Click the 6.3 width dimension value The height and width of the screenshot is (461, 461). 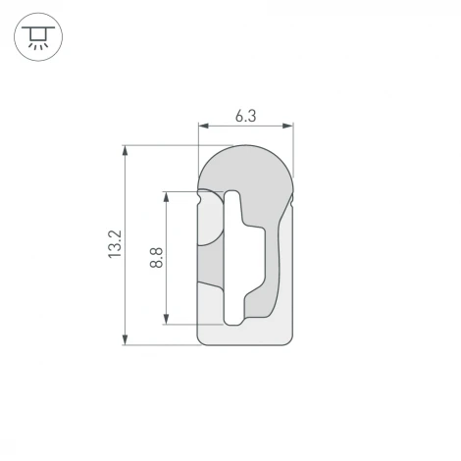pos(245,116)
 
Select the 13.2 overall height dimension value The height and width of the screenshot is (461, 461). pos(114,244)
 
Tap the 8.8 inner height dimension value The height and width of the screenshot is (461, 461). pos(156,257)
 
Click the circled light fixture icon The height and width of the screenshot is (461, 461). pos(38,38)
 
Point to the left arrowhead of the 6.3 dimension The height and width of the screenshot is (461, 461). pos(203,127)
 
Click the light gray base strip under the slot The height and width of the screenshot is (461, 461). pos(246,333)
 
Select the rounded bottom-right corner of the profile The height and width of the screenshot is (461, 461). pos(289,340)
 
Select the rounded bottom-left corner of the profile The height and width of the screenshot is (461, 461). pos(203,340)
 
